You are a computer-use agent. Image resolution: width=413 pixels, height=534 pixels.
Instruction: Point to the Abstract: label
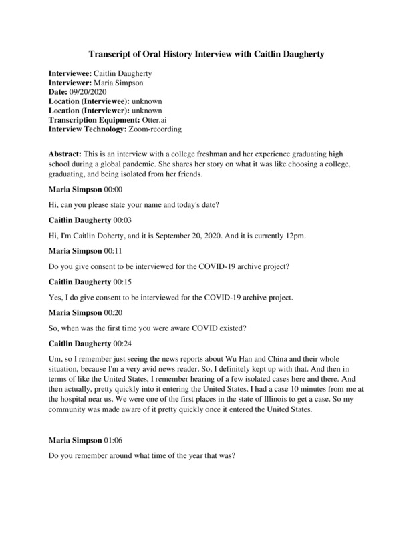67,155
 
